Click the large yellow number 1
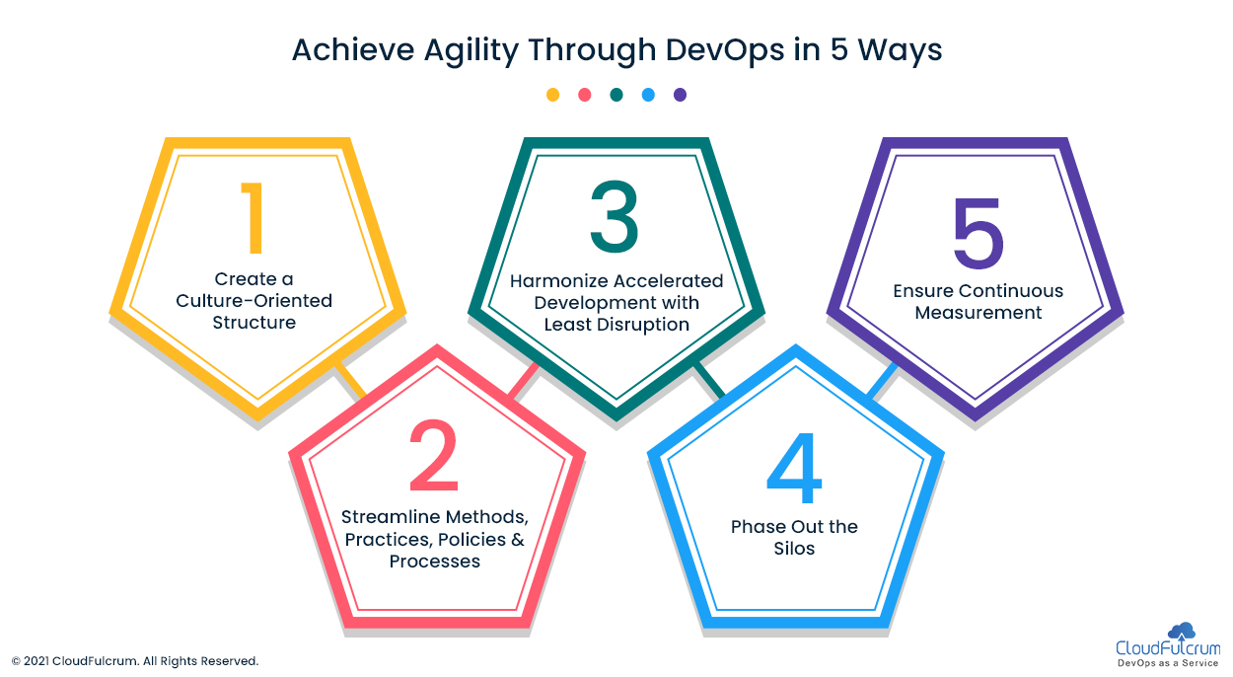click(254, 218)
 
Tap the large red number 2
click(434, 455)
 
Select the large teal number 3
click(614, 216)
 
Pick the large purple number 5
click(979, 233)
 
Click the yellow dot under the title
click(552, 95)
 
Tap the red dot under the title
click(585, 95)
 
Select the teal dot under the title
click(616, 95)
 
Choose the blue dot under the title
click(648, 95)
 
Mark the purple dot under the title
click(681, 95)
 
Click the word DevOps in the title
click(724, 50)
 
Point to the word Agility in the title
click(471, 51)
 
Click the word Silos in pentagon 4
click(794, 549)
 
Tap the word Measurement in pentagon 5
click(979, 313)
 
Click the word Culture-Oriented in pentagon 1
click(254, 301)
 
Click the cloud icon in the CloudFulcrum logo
click(1182, 631)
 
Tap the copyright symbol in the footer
click(16, 661)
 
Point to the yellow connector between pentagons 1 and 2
click(350, 380)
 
